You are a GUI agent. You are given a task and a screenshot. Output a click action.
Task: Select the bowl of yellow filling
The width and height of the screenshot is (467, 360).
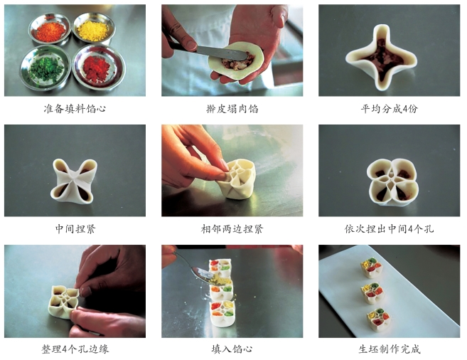94,28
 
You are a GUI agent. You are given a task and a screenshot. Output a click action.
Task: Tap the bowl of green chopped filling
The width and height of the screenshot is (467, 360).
46,68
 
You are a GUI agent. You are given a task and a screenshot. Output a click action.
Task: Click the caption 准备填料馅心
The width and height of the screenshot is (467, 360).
75,109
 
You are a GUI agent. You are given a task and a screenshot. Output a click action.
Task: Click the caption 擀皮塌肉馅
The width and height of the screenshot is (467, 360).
232,109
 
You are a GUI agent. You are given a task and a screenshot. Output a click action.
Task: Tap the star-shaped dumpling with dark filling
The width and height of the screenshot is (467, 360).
382,57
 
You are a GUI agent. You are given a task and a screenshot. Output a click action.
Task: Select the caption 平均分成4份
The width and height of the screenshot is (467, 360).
390,109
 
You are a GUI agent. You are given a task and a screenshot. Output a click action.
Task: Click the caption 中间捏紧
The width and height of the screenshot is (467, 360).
75,229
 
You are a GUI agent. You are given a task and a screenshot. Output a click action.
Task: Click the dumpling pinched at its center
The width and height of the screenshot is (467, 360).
74,181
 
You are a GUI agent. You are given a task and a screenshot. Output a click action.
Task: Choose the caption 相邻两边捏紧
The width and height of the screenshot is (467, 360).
232,229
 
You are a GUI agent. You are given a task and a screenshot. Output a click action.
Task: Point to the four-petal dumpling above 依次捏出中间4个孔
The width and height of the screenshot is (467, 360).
393,182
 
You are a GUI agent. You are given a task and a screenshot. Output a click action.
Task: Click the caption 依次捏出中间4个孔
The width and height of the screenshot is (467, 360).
390,229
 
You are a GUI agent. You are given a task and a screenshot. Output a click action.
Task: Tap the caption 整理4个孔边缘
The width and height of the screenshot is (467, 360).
75,349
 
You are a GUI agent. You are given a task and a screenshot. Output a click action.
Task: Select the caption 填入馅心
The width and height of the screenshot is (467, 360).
232,349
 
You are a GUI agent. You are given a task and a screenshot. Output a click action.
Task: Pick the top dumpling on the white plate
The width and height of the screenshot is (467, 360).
372,268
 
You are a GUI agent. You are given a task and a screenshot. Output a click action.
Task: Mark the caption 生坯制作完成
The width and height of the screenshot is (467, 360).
390,349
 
